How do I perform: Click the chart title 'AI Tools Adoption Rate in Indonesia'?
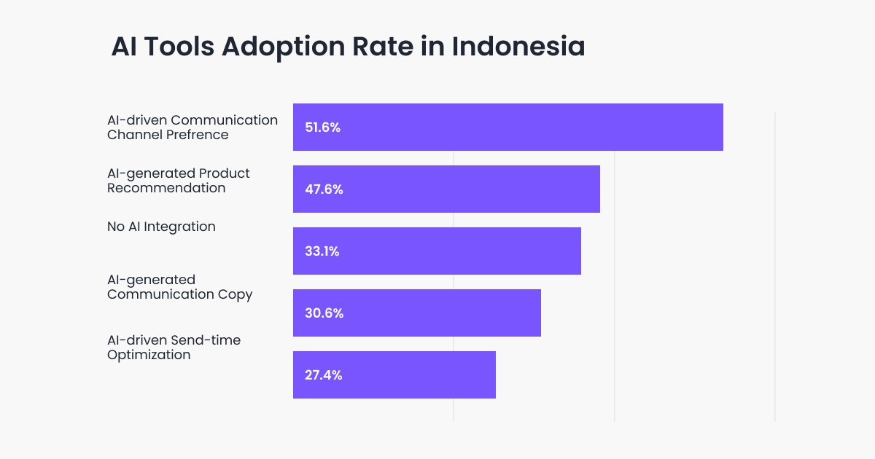point(348,47)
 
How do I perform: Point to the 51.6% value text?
point(323,127)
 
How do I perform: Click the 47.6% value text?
point(324,189)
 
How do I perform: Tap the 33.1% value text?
point(322,251)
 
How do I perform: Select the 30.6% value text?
point(324,313)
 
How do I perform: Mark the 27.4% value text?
point(324,375)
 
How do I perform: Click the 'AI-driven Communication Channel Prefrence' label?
point(192,127)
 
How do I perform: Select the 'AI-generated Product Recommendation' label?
point(179,181)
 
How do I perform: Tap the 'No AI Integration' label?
point(161,227)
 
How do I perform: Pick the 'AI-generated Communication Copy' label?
point(179,287)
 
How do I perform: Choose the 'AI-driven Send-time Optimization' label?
point(174,348)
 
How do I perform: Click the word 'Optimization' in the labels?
point(149,356)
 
